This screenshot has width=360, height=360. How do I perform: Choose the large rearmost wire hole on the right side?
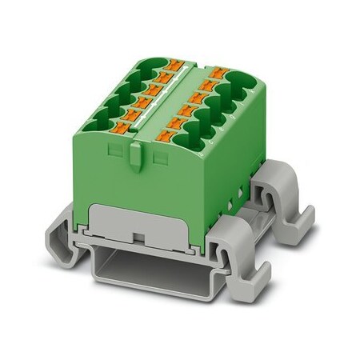(242, 81)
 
